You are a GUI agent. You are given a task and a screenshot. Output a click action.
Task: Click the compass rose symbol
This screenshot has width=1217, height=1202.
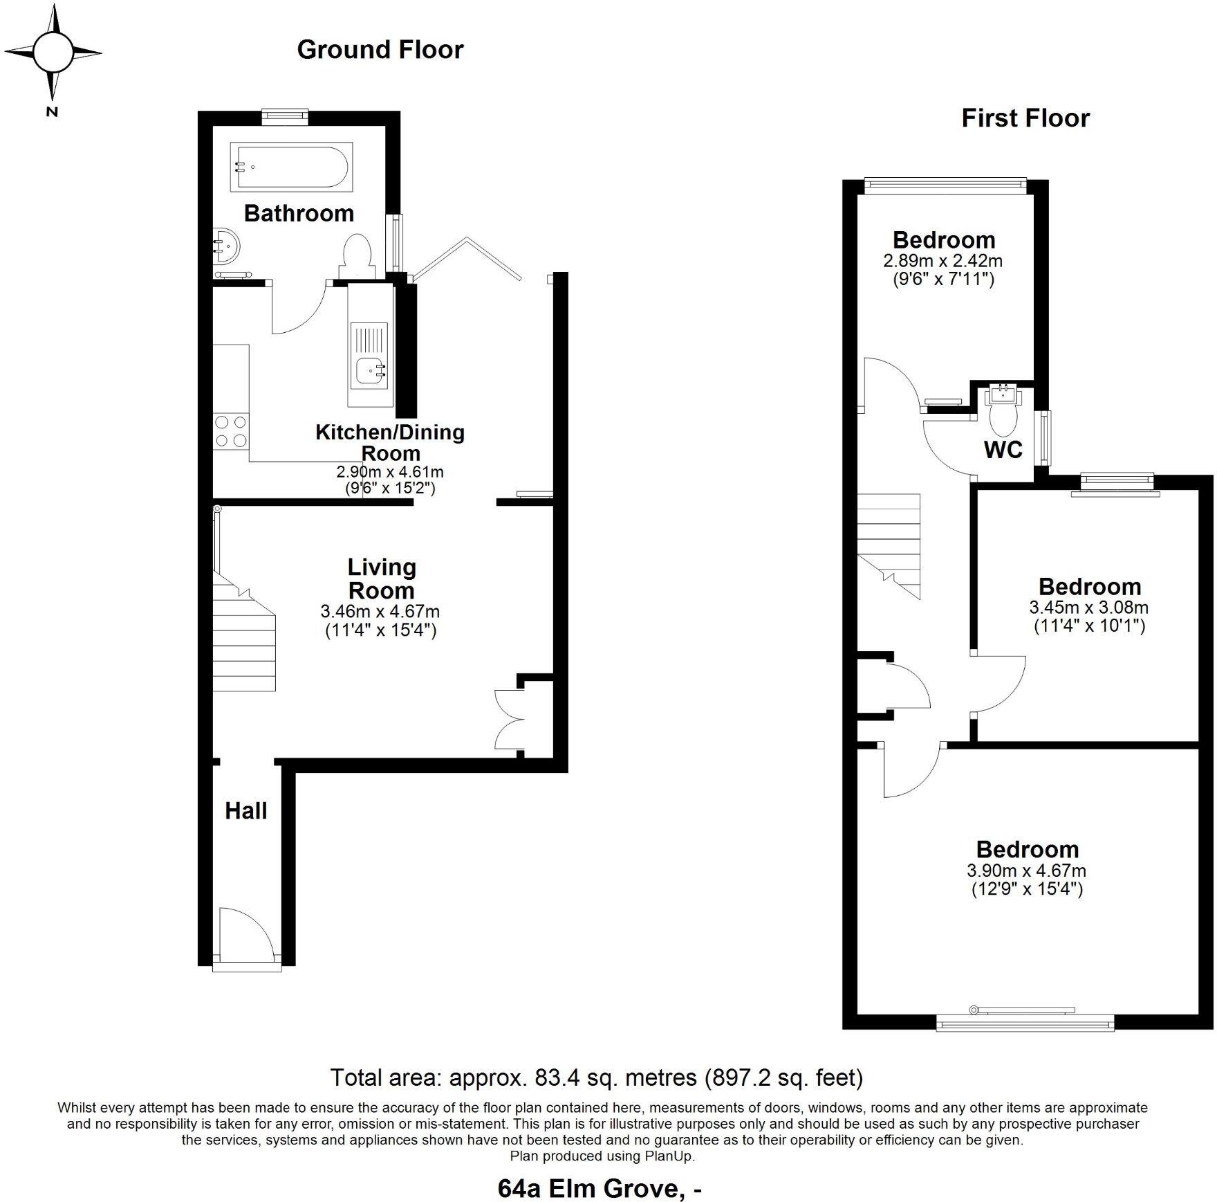[x=53, y=53]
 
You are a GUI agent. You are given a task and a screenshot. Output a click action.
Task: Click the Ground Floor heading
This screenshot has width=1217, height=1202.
[x=380, y=50]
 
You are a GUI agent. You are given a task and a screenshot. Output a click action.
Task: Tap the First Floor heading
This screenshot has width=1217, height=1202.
[x=1025, y=118]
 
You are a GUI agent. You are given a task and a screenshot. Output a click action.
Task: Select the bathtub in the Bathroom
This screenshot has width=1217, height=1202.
[x=291, y=167]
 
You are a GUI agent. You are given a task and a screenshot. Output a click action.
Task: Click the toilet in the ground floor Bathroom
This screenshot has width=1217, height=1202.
[x=357, y=255]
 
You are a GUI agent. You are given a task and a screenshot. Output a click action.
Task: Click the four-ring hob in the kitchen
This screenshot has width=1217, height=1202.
[x=231, y=430]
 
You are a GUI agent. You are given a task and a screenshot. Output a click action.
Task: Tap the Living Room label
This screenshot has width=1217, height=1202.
[x=381, y=579]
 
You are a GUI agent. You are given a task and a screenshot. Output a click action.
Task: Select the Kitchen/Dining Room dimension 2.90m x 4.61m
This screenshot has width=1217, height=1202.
[x=389, y=472]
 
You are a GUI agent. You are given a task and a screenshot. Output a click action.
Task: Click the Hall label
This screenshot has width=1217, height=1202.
[x=245, y=811]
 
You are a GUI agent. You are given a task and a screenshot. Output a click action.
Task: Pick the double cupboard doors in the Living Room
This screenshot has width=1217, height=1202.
[x=511, y=720]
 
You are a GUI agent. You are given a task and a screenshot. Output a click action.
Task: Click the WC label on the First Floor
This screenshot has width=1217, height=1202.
[x=1003, y=450]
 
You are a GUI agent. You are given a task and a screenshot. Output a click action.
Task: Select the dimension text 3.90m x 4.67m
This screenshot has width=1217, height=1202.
[x=1026, y=871]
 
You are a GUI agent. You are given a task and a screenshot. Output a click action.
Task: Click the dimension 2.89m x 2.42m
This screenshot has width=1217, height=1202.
[x=942, y=262]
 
